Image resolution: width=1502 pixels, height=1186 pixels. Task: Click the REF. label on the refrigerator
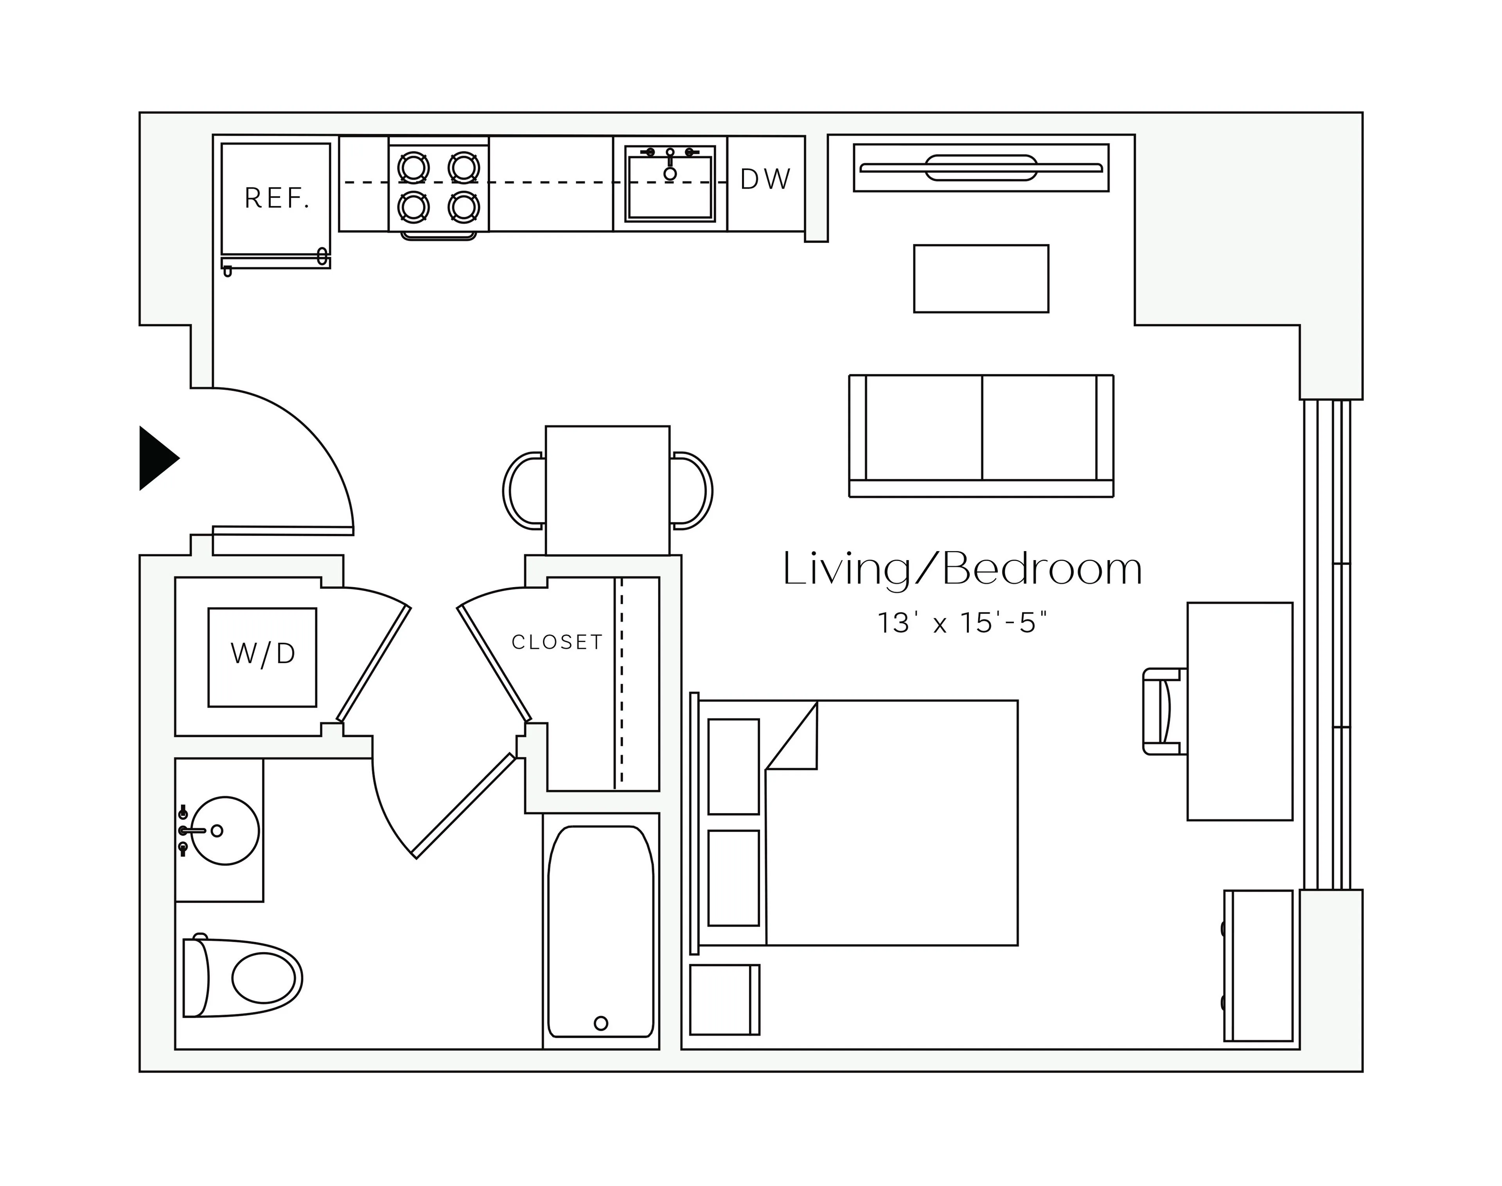pos(277,199)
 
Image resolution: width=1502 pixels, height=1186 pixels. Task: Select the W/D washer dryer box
pos(262,657)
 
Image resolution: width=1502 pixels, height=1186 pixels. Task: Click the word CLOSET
pos(557,642)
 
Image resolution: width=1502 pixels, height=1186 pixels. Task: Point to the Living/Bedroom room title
pos(962,570)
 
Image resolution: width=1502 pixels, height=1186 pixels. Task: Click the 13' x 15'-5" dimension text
pos(962,623)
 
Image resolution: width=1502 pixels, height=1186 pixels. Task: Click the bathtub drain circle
pos(601,1023)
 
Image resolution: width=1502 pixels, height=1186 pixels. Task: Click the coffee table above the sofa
pos(981,279)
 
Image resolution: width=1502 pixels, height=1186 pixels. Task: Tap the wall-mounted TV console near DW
pos(981,167)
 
